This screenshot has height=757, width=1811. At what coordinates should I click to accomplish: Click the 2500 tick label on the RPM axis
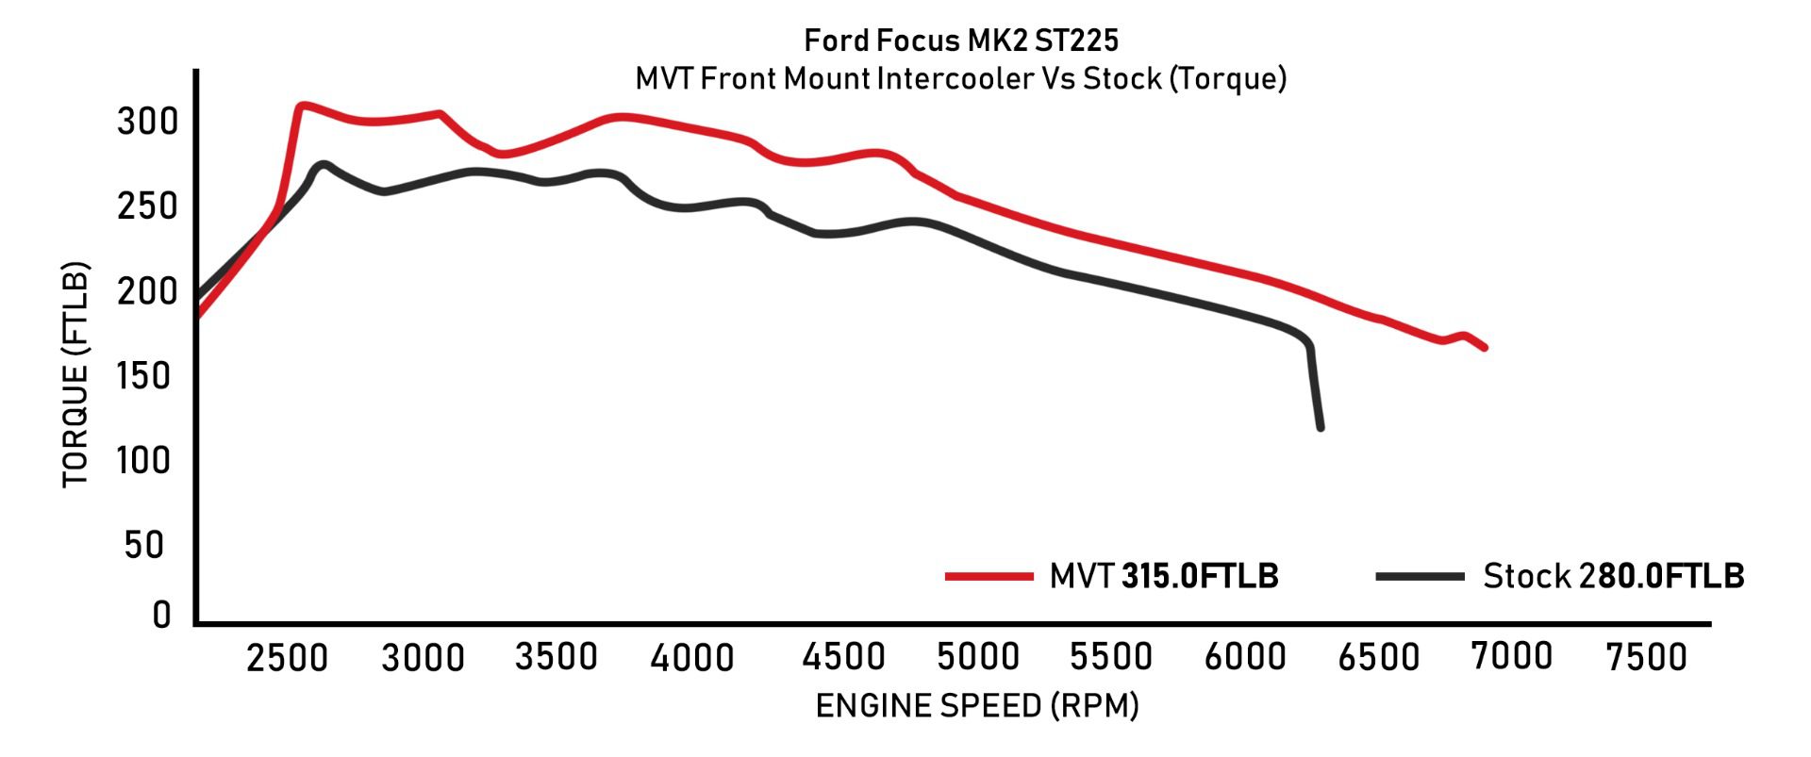[x=287, y=657]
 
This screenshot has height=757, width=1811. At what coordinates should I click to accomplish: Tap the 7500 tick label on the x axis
[x=1646, y=657]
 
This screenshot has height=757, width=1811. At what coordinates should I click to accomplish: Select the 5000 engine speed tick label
[x=978, y=657]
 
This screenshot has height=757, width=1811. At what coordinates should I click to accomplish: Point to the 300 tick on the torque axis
[x=147, y=122]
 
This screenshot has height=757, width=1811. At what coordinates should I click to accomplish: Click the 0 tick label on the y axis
[x=161, y=615]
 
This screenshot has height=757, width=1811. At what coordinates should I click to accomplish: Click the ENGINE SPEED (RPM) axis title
[x=977, y=705]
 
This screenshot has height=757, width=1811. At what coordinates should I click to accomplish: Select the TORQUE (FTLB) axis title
[x=75, y=374]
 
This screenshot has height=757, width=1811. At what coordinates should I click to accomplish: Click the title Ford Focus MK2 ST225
[x=961, y=41]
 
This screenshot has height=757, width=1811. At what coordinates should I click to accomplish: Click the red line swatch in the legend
[x=989, y=576]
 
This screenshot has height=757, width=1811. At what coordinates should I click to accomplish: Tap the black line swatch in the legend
[x=1420, y=576]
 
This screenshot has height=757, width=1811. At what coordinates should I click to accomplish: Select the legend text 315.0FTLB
[x=1200, y=576]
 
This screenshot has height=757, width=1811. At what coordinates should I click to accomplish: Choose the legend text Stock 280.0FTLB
[x=1613, y=576]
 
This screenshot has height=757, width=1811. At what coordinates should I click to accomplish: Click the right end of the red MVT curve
[x=1485, y=348]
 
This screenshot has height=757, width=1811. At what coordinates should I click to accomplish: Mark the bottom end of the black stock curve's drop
[x=1320, y=428]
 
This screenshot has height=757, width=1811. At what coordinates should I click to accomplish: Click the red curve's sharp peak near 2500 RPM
[x=301, y=106]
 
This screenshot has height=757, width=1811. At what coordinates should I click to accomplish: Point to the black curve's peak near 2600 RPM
[x=324, y=164]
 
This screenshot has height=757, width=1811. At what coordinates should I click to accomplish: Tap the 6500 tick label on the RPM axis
[x=1379, y=657]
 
